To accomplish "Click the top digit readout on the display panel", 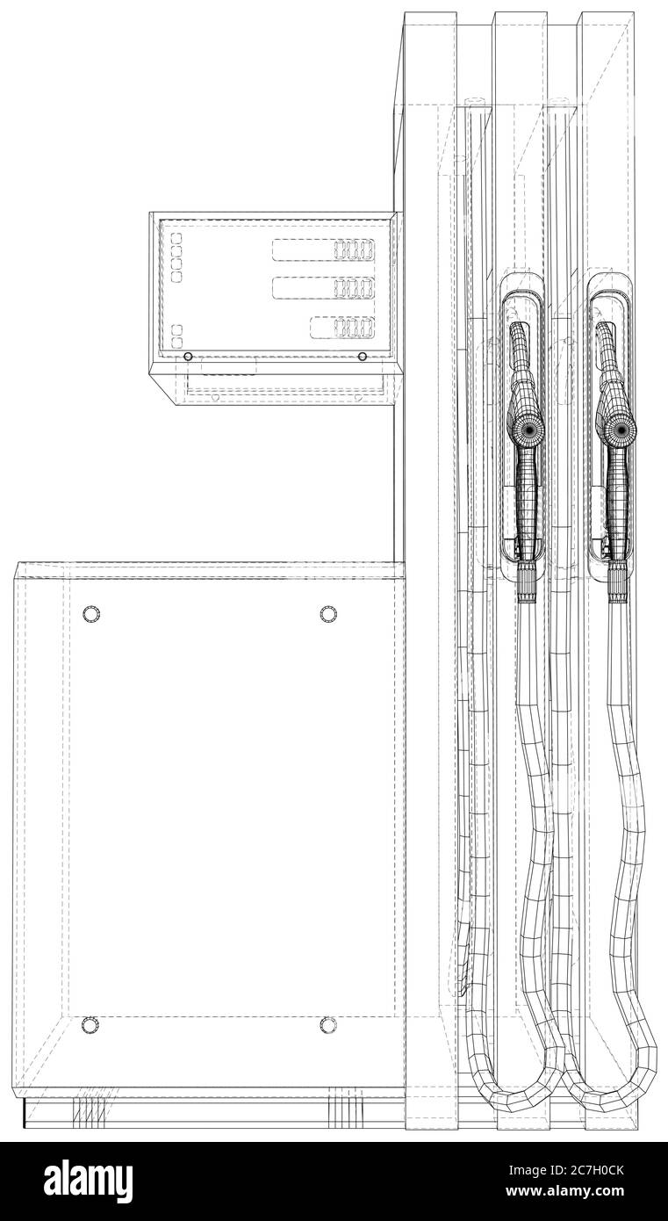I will coord(324,249).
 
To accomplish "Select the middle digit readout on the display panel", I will coord(324,287).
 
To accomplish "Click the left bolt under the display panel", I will coord(188,357).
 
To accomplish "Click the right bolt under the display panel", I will coord(363,357).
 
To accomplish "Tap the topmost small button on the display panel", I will coord(176,238).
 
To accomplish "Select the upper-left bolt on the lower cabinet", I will coord(90,613).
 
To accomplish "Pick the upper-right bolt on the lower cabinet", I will coord(328,613).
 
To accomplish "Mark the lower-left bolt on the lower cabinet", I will coord(90,1024).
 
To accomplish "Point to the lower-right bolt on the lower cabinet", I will coord(328,1024).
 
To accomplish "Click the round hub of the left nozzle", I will coord(528,430).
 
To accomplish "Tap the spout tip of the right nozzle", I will coord(605,328).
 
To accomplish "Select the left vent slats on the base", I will coord(85,1112).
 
